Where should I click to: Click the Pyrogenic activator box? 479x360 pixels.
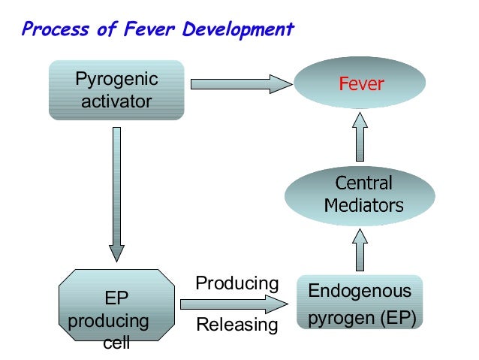[x=116, y=89]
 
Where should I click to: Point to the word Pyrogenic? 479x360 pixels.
[x=116, y=79]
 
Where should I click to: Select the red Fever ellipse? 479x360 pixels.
[x=360, y=83]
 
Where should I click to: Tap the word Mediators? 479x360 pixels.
[x=363, y=205]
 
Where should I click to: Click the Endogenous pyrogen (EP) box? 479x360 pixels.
[x=360, y=304]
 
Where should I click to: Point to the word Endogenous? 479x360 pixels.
[x=360, y=291]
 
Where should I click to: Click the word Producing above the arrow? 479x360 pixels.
[x=236, y=283]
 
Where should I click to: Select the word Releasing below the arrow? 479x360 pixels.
[x=236, y=325]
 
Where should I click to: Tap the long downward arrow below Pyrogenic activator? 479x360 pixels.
[x=116, y=192]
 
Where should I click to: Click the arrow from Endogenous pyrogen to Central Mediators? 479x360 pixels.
[x=360, y=250]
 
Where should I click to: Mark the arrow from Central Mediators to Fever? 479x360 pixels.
[x=360, y=135]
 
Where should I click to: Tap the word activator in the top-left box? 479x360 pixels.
[x=116, y=100]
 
